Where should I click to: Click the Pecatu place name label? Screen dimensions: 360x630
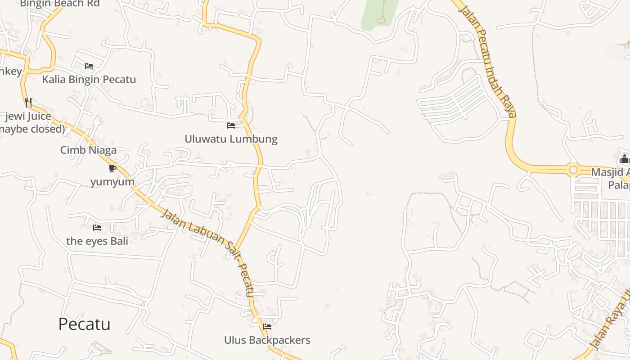[84, 324]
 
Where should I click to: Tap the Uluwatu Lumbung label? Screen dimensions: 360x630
[231, 139]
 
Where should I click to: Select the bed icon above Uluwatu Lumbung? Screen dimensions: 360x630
[231, 125]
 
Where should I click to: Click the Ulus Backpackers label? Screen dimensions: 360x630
[267, 340]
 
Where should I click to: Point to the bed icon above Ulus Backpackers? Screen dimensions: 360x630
[267, 326]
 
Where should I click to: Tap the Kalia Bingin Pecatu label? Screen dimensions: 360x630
[89, 80]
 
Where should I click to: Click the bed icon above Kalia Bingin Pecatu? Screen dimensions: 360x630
[89, 66]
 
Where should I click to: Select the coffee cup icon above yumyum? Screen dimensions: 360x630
[112, 168]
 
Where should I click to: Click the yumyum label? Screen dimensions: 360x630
[112, 182]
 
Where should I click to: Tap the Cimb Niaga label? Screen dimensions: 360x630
[88, 150]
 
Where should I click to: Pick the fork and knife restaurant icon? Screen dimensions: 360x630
[28, 103]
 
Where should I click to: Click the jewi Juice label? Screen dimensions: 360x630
[28, 117]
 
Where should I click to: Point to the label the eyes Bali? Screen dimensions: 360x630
[97, 241]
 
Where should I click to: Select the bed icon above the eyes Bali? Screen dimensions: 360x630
[97, 228]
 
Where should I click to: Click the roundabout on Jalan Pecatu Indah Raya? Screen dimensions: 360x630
[573, 170]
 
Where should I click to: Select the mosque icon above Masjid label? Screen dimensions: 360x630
[624, 159]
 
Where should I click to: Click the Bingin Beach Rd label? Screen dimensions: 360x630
[60, 4]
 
